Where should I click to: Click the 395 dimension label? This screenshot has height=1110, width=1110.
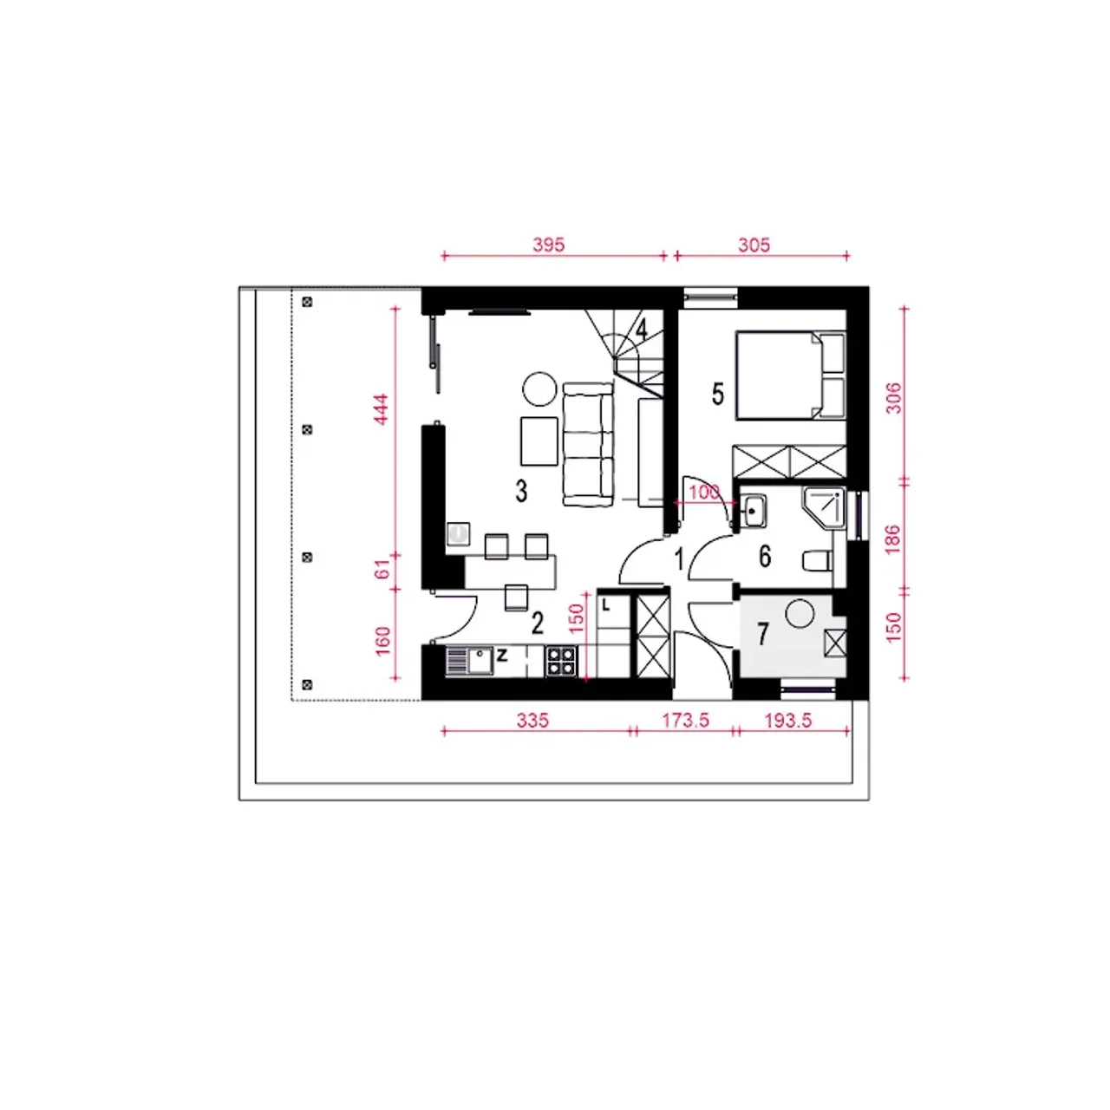(548, 245)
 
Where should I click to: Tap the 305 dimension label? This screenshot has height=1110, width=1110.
(754, 245)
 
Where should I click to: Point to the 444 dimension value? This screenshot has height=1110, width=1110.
(382, 409)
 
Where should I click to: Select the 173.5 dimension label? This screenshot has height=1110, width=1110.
(685, 720)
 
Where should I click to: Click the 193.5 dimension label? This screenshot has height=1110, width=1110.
(788, 720)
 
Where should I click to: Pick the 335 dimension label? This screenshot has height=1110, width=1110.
(532, 720)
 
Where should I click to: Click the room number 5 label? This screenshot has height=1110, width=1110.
(718, 395)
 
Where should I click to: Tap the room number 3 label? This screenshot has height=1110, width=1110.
(521, 492)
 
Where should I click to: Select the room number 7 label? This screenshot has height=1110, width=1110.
(762, 634)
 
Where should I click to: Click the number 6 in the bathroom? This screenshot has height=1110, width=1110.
(765, 557)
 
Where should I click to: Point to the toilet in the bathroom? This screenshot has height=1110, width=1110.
(818, 560)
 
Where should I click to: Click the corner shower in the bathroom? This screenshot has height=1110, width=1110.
(824, 508)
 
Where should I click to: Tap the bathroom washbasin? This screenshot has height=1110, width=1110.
(753, 511)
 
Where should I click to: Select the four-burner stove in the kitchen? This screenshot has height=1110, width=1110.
(561, 662)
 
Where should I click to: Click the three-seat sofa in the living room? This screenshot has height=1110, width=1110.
(588, 445)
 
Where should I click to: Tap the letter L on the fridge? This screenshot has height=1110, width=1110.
(605, 604)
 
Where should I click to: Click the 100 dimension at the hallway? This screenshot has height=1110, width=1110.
(704, 492)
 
